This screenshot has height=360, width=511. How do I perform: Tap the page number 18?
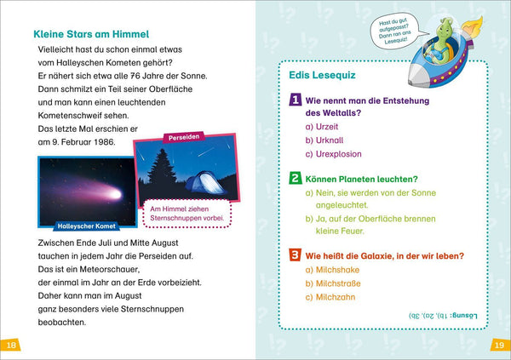pyautogui.click(x=11, y=344)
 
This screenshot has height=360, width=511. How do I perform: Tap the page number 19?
pyautogui.click(x=499, y=344)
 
